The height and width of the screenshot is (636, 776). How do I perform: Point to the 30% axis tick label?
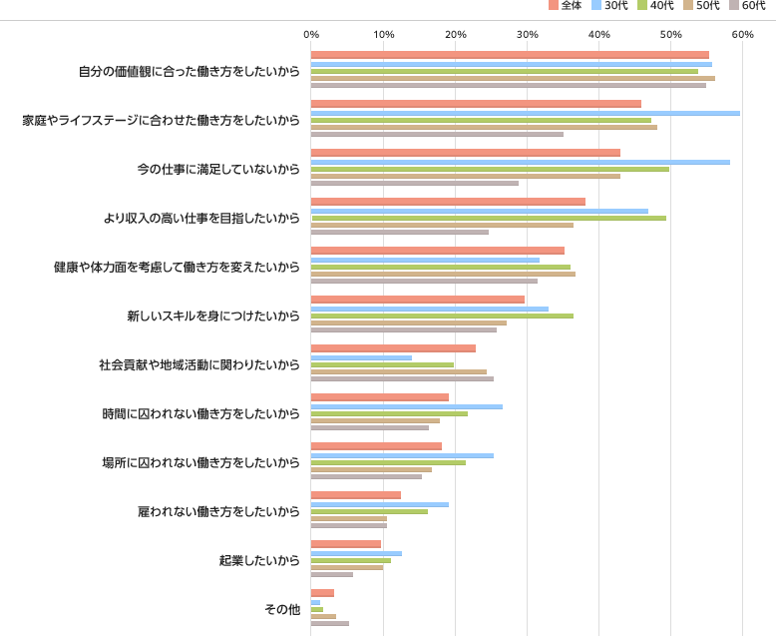527,35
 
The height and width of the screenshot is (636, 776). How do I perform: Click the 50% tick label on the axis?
670,35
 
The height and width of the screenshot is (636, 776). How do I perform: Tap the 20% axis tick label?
455,35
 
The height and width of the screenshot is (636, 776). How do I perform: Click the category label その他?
281,609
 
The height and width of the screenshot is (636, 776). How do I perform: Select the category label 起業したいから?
259,560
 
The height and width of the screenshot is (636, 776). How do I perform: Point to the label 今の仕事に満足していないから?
217,169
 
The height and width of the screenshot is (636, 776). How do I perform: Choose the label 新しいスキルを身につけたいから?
212,316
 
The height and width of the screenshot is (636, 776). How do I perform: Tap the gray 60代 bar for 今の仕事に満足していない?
415,183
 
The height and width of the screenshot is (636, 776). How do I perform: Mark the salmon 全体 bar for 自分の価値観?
510,55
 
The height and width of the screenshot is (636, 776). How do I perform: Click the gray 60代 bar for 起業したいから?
332,574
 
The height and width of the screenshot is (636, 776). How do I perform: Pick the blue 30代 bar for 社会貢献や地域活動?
361,357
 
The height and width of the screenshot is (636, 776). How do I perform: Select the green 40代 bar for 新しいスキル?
442,316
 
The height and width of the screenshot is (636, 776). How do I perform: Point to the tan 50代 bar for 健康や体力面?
443,274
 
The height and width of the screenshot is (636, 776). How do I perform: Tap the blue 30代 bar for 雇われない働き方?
380,504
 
